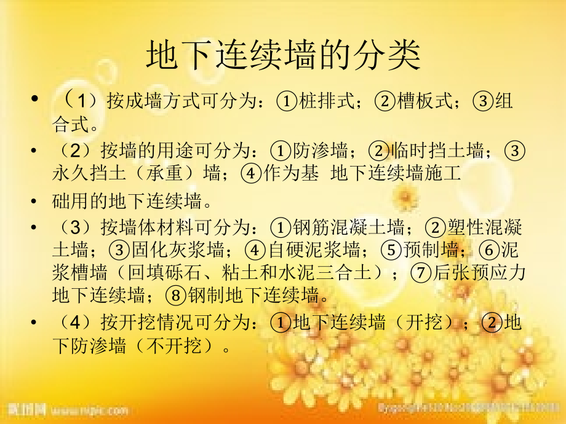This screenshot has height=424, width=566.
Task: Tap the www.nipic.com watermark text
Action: coord(89,409)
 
